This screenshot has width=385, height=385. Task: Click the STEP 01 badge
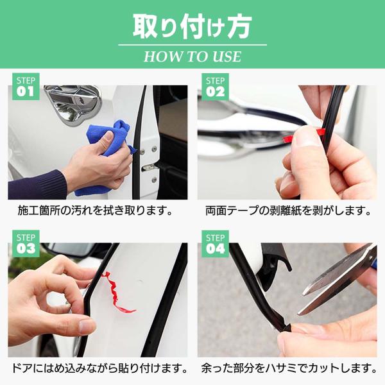(x=26, y=87)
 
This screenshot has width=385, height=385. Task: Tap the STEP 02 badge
(x=215, y=87)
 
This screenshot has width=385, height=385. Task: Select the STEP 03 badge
(x=26, y=244)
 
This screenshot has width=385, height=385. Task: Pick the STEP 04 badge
(x=215, y=244)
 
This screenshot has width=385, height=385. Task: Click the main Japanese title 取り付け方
(x=193, y=26)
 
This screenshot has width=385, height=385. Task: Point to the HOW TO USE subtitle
(x=193, y=56)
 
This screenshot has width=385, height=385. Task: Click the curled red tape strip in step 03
(x=117, y=293)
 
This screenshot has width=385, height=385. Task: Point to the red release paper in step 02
(x=304, y=135)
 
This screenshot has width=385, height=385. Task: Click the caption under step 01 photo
(x=95, y=210)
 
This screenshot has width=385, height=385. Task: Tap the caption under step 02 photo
(x=287, y=210)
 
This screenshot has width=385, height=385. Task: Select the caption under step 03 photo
(x=99, y=368)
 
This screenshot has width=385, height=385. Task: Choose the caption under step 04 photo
(x=289, y=368)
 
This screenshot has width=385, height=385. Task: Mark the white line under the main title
(x=193, y=45)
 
